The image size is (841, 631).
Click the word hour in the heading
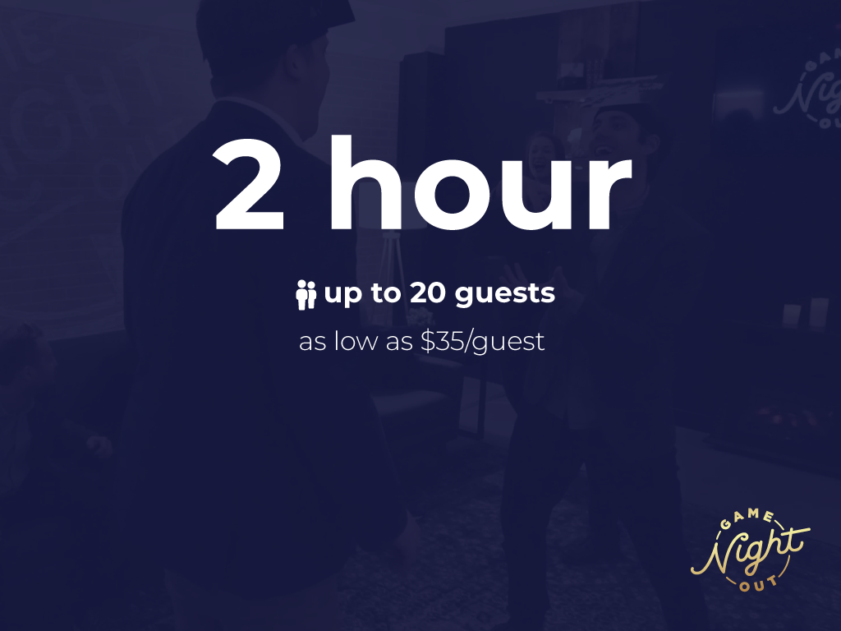click(x=481, y=182)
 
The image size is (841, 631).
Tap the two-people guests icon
click(x=306, y=295)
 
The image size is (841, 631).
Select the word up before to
click(x=343, y=295)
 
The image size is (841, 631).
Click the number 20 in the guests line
click(x=428, y=293)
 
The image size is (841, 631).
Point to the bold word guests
click(x=505, y=295)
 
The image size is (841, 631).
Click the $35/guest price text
click(x=483, y=342)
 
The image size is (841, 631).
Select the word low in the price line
click(x=356, y=341)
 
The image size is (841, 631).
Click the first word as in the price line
click(x=312, y=343)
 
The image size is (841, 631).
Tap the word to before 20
click(x=386, y=293)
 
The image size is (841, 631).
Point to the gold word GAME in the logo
click(x=747, y=518)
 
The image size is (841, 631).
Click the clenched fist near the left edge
click(x=99, y=445)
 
